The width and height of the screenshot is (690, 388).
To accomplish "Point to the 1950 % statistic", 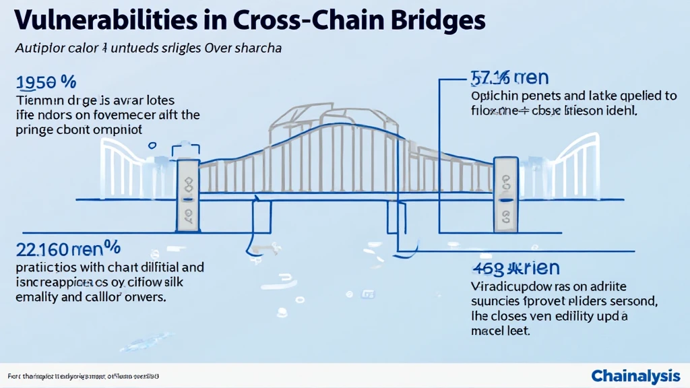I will tap(44, 83).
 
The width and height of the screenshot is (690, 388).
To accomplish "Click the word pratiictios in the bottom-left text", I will tap(45, 268).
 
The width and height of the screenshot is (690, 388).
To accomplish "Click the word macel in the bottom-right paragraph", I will tap(489, 331).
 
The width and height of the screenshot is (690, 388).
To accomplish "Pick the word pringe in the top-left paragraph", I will tap(32, 130).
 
